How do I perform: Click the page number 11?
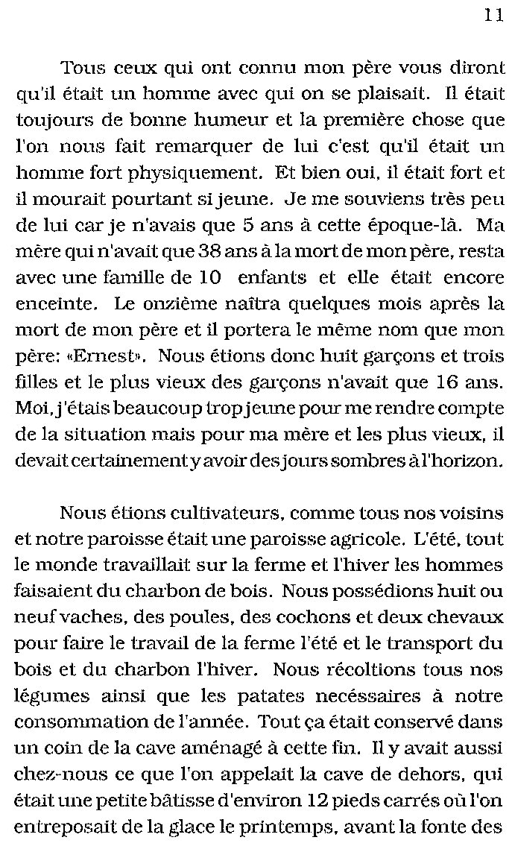tap(493, 16)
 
